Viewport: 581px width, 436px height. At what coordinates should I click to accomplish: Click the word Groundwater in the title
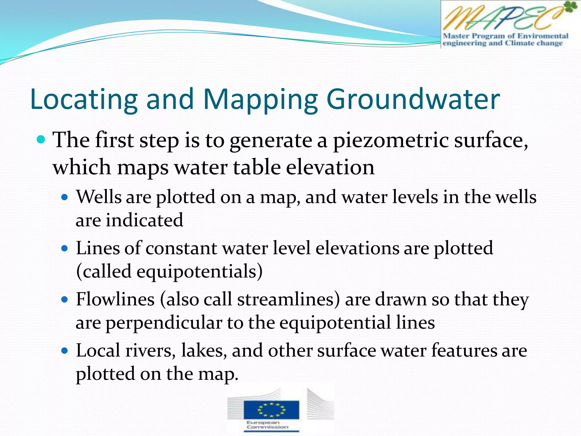click(x=413, y=99)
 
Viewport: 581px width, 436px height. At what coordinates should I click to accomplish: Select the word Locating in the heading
click(x=84, y=99)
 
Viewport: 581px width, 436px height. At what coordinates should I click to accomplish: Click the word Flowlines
click(x=115, y=299)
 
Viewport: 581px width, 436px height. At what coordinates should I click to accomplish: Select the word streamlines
click(x=289, y=299)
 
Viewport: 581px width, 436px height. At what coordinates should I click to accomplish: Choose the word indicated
click(x=144, y=220)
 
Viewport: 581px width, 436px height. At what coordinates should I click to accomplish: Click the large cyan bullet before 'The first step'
click(x=41, y=140)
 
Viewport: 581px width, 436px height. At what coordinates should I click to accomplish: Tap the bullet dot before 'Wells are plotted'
click(x=65, y=197)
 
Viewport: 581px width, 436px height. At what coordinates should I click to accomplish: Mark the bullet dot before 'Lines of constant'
click(x=65, y=249)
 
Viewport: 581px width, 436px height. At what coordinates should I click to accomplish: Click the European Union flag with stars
click(x=271, y=409)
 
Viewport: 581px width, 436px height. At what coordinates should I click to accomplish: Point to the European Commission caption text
click(x=267, y=425)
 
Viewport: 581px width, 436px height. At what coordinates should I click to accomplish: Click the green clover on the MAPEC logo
click(x=569, y=7)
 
